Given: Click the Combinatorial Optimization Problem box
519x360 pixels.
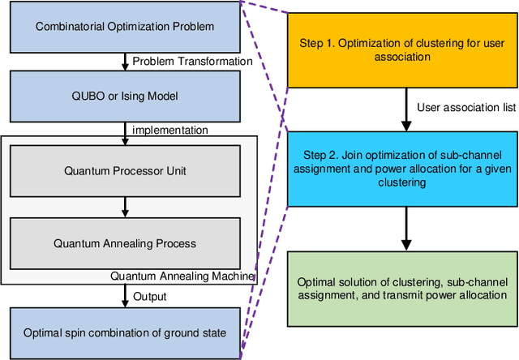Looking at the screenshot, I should coord(125,27).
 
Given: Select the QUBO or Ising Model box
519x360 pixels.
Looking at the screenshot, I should coord(125,96).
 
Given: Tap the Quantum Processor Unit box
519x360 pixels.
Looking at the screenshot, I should coord(125,170).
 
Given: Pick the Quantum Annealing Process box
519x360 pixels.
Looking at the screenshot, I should coord(125,242).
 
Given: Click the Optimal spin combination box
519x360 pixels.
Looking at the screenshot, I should coord(125,332).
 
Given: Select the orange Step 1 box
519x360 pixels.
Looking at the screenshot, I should coord(401,51).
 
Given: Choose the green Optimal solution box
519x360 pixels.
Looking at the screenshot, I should coord(401,289).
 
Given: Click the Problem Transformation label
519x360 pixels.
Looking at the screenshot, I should coord(192,61).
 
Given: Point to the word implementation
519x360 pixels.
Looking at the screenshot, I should coord(170,130).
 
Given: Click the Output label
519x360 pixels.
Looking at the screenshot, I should coord(149,296).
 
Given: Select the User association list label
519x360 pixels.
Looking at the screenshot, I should coord(466,107).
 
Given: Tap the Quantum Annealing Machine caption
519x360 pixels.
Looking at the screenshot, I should coord(182,276).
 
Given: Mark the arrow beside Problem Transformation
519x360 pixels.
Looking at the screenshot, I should coord(125,61).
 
